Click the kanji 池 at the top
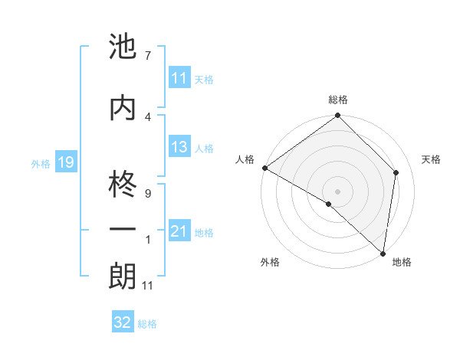(x=123, y=47)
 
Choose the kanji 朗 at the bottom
(x=123, y=277)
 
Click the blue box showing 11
(x=179, y=78)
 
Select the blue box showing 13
(x=179, y=148)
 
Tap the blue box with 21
(x=179, y=232)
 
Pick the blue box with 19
(x=65, y=162)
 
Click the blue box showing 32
(x=123, y=322)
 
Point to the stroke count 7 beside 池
(x=147, y=55)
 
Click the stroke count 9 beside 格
(x=147, y=194)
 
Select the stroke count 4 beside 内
(x=147, y=116)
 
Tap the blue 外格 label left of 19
(x=41, y=163)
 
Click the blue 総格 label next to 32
(x=147, y=323)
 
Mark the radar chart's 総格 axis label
(x=337, y=100)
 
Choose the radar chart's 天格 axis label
(x=431, y=159)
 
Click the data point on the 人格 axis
(x=264, y=168)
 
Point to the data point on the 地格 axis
(x=383, y=253)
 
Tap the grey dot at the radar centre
(x=337, y=191)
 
